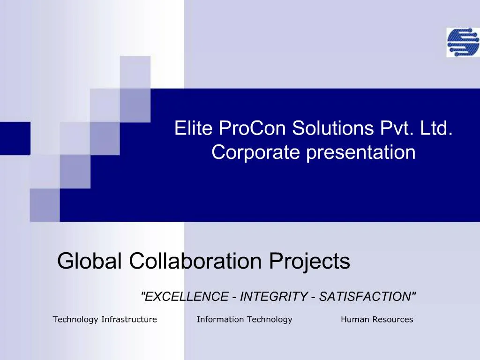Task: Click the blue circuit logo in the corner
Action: pyautogui.click(x=463, y=43)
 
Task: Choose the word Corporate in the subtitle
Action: pyautogui.click(x=256, y=152)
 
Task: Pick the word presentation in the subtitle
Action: pyautogui.click(x=361, y=152)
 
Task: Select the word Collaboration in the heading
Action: pyautogui.click(x=196, y=261)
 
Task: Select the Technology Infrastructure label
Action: pyautogui.click(x=105, y=320)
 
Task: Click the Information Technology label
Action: pyautogui.click(x=244, y=320)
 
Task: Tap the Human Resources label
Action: pyautogui.click(x=377, y=320)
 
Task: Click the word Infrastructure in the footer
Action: pyautogui.click(x=129, y=320)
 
